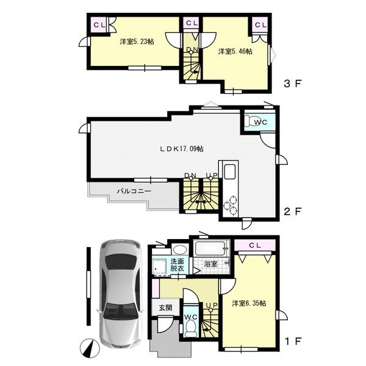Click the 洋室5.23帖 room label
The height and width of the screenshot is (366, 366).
[137, 41]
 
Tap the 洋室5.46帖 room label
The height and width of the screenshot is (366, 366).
[235, 51]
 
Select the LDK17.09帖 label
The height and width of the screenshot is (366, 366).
[182, 149]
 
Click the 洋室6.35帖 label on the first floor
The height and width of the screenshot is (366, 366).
[249, 303]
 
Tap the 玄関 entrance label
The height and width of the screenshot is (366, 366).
[165, 307]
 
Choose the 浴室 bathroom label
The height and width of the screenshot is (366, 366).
[211, 264]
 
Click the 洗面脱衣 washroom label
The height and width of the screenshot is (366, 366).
[177, 265]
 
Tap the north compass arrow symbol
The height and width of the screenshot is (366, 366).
[90, 348]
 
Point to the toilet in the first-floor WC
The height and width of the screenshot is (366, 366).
[191, 328]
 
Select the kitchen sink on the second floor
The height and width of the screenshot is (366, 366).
[229, 171]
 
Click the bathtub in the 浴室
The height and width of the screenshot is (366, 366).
[210, 248]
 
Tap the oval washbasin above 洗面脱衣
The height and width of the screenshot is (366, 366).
[180, 249]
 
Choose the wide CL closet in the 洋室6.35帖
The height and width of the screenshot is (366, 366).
[255, 245]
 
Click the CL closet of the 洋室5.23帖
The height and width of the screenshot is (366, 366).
[99, 25]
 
